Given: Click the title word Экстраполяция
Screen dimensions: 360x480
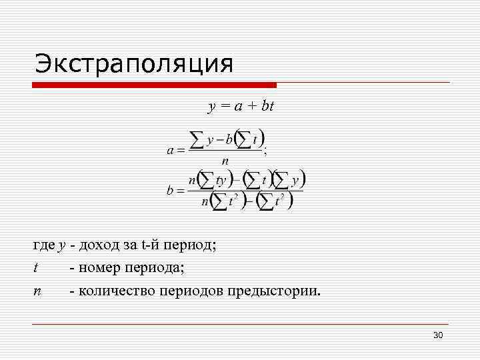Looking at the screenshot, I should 134,64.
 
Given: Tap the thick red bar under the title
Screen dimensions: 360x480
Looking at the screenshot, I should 155,85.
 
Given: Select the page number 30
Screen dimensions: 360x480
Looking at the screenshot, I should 438,335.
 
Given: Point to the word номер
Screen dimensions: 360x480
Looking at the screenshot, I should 100,268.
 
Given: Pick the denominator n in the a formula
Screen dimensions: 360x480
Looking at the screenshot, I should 225,161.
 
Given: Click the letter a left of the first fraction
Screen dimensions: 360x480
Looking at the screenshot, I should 170,151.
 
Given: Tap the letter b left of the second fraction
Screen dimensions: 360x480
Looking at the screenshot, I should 170,191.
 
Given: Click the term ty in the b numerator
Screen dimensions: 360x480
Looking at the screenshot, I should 221,179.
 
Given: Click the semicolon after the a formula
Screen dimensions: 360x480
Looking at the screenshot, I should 266,151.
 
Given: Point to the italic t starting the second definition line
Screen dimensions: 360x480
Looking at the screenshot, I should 35,268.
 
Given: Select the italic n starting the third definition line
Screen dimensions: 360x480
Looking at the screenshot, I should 36,291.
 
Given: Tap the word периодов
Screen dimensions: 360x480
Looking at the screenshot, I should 195,291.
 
